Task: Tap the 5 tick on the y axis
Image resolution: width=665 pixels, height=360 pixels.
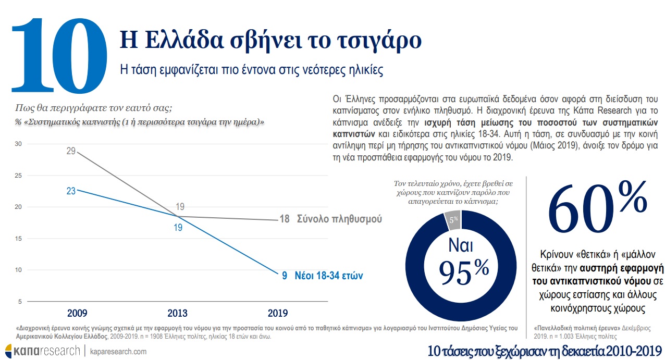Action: pyautogui.click(x=19, y=302)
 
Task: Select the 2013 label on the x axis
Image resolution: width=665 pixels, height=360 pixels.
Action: pyautogui.click(x=177, y=313)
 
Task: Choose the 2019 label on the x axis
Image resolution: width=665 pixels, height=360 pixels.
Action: pyautogui.click(x=277, y=313)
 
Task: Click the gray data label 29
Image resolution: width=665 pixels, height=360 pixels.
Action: pyautogui.click(x=71, y=151)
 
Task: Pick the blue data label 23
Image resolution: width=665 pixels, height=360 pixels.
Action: pyautogui.click(x=71, y=191)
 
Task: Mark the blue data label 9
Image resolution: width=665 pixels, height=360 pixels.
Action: pyautogui.click(x=285, y=276)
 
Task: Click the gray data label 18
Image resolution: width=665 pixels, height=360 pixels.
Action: pyautogui.click(x=284, y=219)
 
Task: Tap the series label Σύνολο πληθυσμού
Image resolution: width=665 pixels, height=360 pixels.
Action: pyautogui.click(x=339, y=219)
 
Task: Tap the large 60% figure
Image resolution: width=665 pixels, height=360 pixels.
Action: pyautogui.click(x=597, y=208)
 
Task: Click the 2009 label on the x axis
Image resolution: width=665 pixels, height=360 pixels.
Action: pyautogui.click(x=77, y=313)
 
